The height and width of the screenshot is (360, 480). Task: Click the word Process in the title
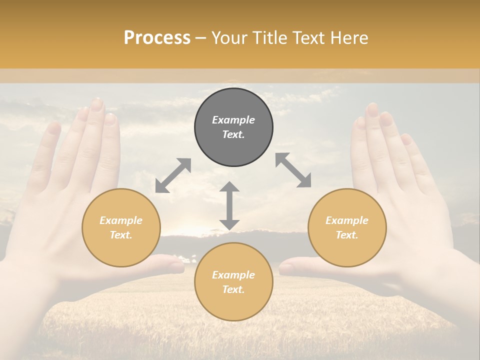coord(157,38)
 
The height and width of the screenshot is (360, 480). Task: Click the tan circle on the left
coord(121,227)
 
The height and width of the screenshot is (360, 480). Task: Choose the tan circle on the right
coord(347,227)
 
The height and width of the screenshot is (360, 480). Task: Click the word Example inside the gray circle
coord(233,120)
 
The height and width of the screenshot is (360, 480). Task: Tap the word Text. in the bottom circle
coord(233,289)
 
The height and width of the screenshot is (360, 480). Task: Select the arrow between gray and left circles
coord(173,175)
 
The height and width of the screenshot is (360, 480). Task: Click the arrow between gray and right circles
coord(293,170)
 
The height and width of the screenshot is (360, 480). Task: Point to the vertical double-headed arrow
coord(229,205)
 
